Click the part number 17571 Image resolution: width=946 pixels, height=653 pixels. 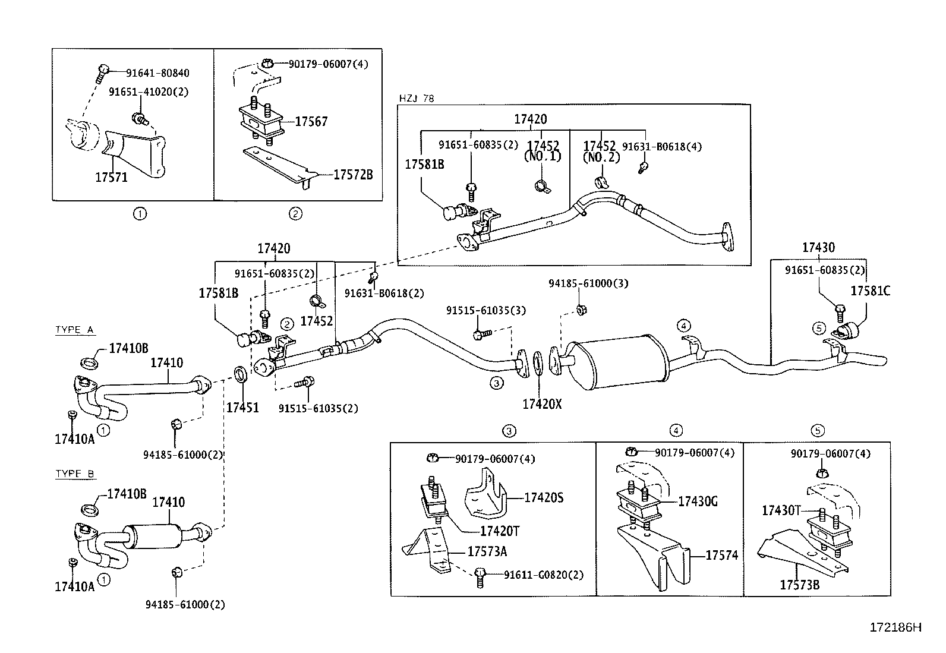coord(111,177)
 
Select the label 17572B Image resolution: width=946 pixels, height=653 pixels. coord(353,175)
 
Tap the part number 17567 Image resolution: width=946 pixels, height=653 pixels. coord(311,122)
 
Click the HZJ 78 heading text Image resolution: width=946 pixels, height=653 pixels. coord(418,99)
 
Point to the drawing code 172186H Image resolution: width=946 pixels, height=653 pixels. coord(895,627)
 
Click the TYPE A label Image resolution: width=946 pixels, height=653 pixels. coord(75,330)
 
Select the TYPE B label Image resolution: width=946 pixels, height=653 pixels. coord(75,474)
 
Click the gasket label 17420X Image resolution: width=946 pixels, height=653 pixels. coord(542,405)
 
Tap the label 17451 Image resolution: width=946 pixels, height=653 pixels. coord(242,408)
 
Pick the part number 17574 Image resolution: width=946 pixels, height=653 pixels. coord(721,556)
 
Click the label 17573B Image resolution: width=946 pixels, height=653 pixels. coord(799,585)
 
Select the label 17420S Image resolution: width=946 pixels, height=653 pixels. coord(543,498)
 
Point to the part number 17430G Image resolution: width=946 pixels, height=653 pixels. coord(698,501)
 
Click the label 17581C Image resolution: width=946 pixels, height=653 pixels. coord(871,291)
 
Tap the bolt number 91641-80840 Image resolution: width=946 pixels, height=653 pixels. coord(157,73)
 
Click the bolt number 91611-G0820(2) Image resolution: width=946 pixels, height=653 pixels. coord(543,575)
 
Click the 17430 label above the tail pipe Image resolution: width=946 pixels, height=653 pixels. coord(818,248)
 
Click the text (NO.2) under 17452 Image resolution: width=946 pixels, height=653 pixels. coord(601,157)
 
